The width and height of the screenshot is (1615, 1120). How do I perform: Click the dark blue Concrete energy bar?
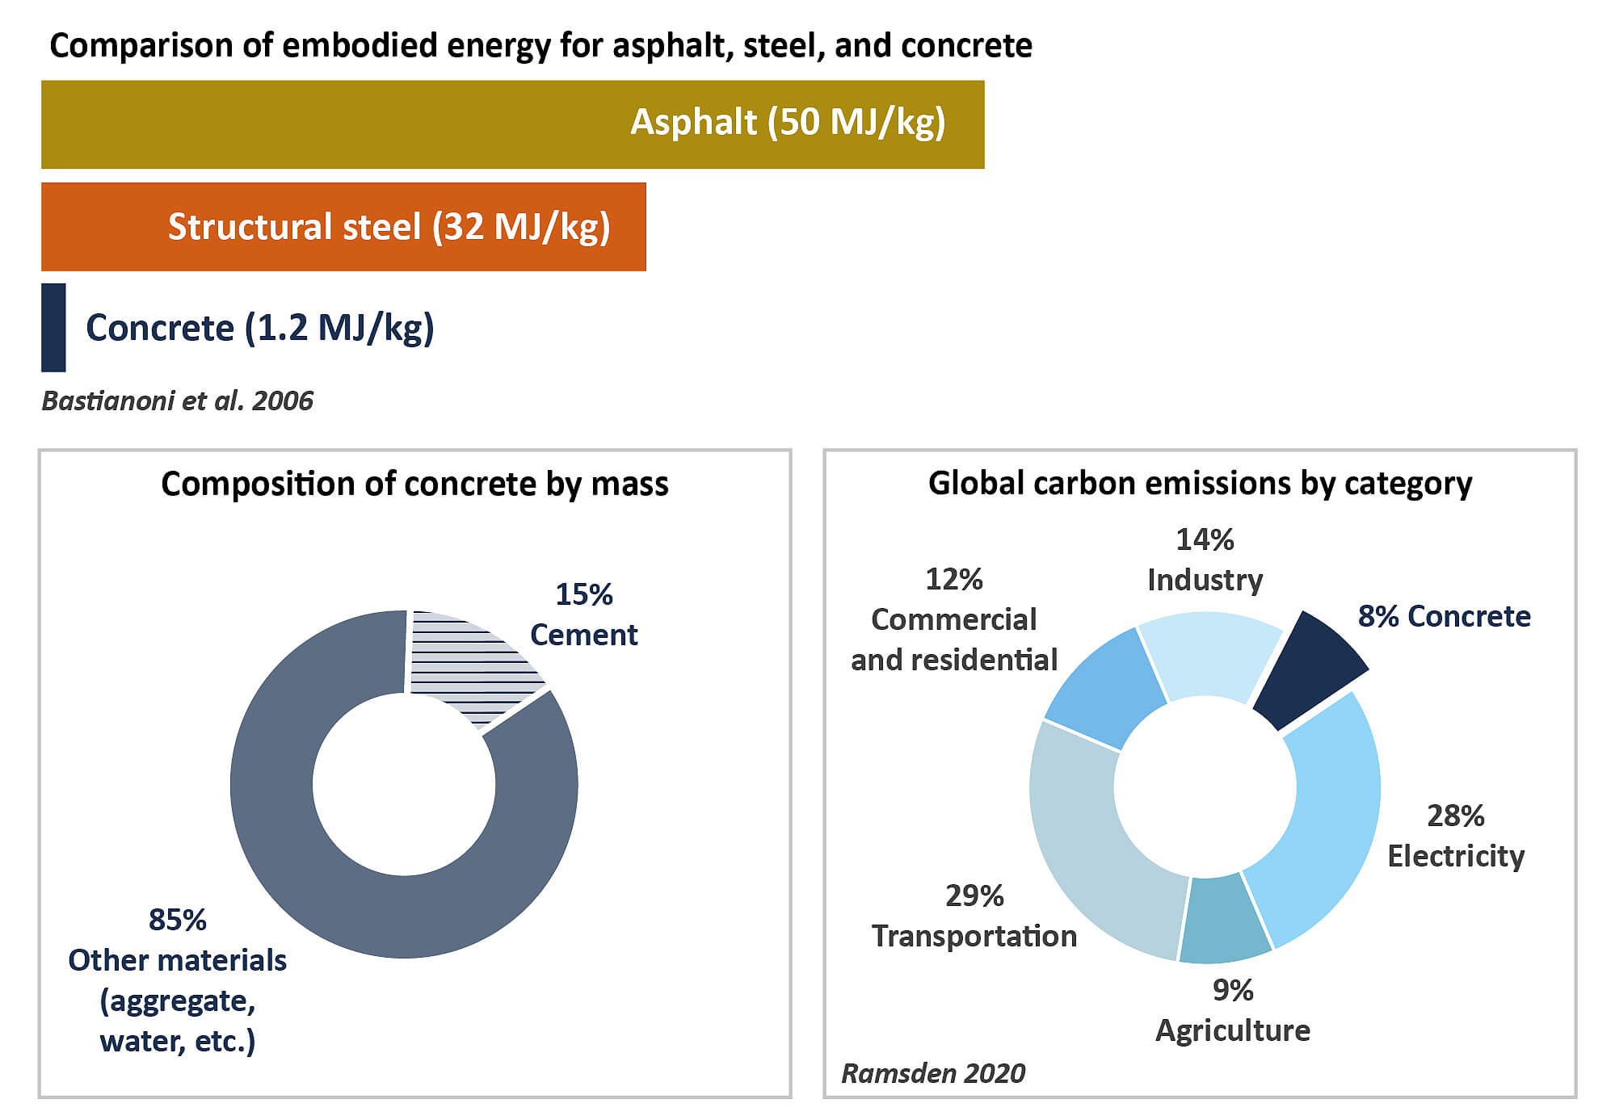53,327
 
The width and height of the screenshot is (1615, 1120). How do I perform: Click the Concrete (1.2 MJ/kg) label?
259,328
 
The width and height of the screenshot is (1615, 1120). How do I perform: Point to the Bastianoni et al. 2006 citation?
177,401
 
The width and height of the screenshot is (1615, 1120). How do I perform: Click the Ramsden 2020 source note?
933,1073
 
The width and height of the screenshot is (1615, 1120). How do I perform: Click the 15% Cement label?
583,615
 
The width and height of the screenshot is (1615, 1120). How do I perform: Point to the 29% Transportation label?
974,916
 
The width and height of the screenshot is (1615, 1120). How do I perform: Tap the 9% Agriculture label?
1232,1010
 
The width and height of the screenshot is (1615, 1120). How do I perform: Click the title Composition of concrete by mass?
414,484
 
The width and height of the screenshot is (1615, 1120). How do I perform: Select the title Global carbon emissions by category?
1200,484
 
